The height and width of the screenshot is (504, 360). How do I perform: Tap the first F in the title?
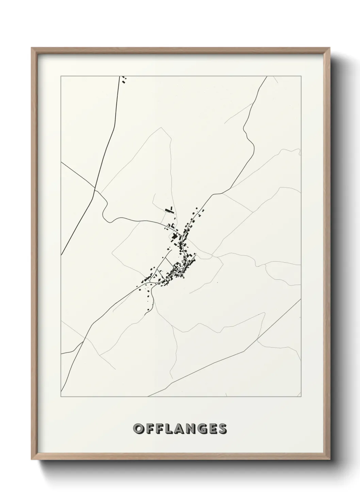coord(150,428)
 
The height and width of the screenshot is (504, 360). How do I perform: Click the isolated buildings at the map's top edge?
coord(124,80)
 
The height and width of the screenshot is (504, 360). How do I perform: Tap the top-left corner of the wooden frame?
coord(32,48)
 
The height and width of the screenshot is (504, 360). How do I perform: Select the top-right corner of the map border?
coord(301,76)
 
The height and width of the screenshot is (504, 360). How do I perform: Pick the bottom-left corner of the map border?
coord(61,397)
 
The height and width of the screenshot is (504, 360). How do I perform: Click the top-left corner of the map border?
coord(61,76)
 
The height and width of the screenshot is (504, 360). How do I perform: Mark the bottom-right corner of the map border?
coord(301,397)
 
